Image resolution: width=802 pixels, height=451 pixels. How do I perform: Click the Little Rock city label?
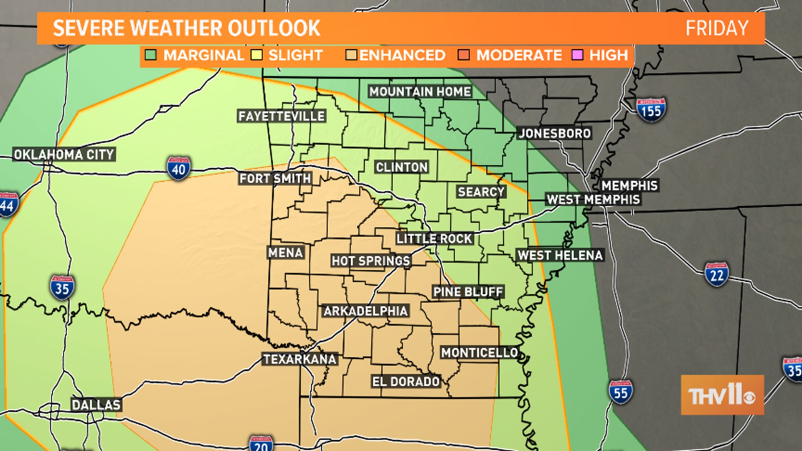click(x=434, y=239)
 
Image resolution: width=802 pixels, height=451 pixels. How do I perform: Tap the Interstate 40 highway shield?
click(x=179, y=169)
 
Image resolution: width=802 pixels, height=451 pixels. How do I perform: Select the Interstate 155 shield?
click(x=651, y=110)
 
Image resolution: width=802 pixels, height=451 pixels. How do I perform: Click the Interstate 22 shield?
click(x=717, y=275)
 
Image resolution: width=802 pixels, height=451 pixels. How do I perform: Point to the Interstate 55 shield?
click(x=621, y=392)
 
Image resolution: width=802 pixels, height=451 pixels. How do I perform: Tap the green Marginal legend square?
click(x=151, y=55)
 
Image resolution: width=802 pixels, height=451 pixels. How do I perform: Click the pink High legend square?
click(x=577, y=55)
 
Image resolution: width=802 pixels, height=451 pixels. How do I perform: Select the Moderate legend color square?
click(x=464, y=55)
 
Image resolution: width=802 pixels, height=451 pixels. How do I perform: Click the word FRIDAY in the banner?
click(x=717, y=28)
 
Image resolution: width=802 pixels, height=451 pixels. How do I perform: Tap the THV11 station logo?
click(x=722, y=395)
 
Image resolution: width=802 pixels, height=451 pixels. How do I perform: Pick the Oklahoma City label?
click(x=64, y=155)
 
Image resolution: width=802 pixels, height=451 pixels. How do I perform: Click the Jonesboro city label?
click(x=555, y=134)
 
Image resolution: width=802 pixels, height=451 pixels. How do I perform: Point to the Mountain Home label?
click(x=420, y=92)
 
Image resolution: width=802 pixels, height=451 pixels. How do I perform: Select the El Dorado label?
click(x=406, y=381)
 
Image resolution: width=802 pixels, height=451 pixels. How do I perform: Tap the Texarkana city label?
click(x=300, y=359)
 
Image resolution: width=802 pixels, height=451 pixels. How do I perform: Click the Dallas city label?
click(x=96, y=405)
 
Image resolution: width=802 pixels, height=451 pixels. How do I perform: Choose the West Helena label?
click(x=560, y=255)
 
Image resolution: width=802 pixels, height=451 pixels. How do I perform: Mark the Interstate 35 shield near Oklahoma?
click(x=62, y=288)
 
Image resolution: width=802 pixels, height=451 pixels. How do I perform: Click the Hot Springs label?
click(x=371, y=261)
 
